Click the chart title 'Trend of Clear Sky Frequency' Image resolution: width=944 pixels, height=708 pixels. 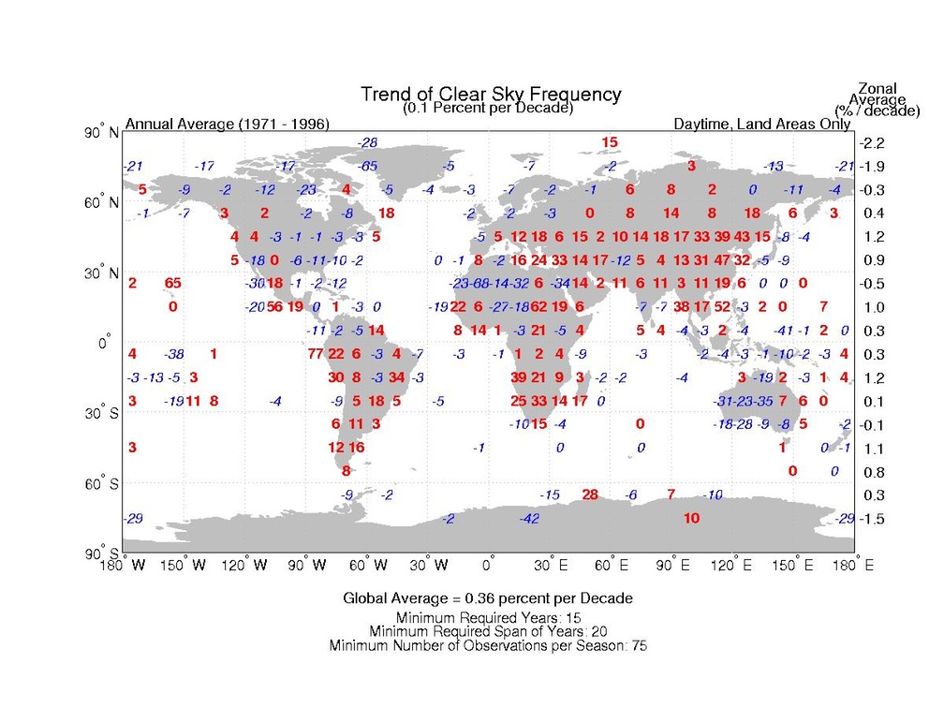pyautogui.click(x=490, y=95)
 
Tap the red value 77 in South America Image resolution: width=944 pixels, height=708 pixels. pyautogui.click(x=315, y=354)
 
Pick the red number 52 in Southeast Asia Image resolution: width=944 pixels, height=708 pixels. pyautogui.click(x=722, y=306)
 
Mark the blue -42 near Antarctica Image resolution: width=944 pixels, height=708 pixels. pyautogui.click(x=530, y=519)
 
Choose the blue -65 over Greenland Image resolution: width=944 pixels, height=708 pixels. pyautogui.click(x=368, y=166)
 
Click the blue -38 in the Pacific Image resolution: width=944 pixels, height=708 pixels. pyautogui.click(x=172, y=354)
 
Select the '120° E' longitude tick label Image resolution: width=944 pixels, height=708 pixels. pyautogui.click(x=734, y=565)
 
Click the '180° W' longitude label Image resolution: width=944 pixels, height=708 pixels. pyautogui.click(x=125, y=565)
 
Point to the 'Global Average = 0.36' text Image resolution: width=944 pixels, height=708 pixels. pyautogui.click(x=487, y=597)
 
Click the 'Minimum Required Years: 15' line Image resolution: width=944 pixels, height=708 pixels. pyautogui.click(x=487, y=617)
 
